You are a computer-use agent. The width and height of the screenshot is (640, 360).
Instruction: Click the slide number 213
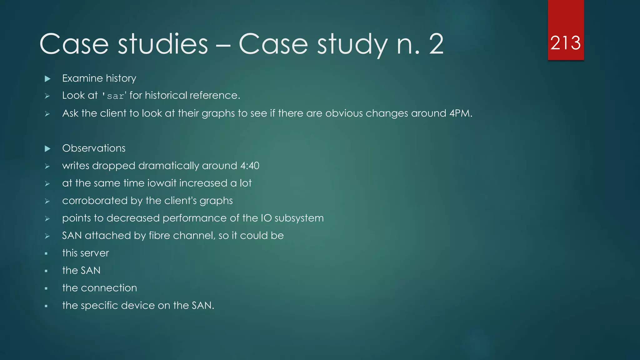tap(565, 43)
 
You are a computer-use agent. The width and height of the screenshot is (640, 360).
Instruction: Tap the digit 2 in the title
tap(436, 44)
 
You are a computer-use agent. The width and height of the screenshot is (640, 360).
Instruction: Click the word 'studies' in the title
tap(163, 44)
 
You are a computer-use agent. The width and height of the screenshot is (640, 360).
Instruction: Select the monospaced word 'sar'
tap(115, 96)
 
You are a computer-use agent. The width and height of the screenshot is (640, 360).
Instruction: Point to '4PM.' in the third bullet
tap(461, 113)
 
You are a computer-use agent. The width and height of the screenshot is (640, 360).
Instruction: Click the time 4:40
tap(250, 166)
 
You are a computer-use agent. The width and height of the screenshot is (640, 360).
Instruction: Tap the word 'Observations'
tap(94, 148)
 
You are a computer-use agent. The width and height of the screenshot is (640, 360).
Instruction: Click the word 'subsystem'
tap(299, 218)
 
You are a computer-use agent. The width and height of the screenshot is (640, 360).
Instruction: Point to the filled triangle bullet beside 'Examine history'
tap(47, 78)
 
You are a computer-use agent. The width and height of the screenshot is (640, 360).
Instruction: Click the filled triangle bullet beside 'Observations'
tap(47, 148)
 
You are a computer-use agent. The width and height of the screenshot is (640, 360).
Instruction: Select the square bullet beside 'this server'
tap(46, 253)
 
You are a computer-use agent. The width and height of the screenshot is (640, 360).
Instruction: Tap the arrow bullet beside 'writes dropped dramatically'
tap(47, 166)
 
